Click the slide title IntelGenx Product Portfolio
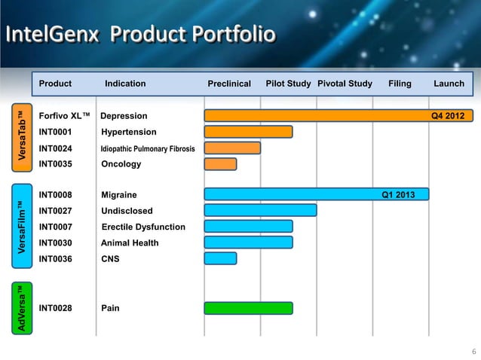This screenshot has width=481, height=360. tap(141, 35)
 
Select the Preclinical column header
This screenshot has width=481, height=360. tap(228, 84)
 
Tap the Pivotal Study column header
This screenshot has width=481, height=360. tap(345, 84)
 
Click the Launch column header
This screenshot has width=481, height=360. tap(449, 84)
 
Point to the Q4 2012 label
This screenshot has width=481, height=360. tap(447, 116)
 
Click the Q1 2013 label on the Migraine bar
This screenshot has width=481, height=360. tap(400, 194)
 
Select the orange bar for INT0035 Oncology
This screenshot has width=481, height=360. tap(220, 164)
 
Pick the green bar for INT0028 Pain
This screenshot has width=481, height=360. tap(249, 308)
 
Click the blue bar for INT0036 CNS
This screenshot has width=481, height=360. tap(220, 258)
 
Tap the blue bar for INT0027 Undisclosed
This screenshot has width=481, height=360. tap(260, 210)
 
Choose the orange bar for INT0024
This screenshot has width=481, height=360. tap(232, 148)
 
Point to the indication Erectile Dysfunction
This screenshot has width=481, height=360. tap(143, 227)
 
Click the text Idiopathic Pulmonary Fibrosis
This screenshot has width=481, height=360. tap(148, 148)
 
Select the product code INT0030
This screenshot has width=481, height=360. tap(55, 243)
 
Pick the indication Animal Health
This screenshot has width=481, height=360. tap(130, 243)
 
